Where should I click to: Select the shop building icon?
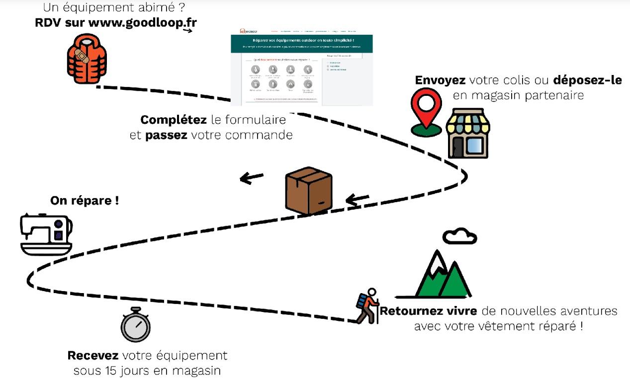(467, 133)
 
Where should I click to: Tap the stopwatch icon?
(135, 325)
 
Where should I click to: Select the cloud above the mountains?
(459, 236)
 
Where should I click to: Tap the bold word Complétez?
(167, 120)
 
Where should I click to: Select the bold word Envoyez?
(441, 80)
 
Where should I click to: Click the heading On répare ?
(85, 201)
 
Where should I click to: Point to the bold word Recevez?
(93, 356)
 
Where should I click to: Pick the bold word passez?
(166, 135)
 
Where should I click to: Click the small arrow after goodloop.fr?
(187, 31)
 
